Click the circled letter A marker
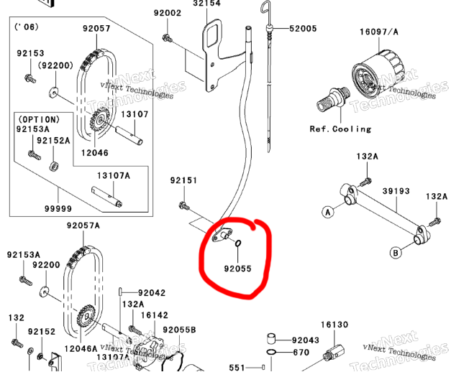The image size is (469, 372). click(x=327, y=212)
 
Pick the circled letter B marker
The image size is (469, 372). click(x=395, y=252)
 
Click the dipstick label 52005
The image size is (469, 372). click(x=303, y=29)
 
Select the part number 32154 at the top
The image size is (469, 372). click(x=206, y=4)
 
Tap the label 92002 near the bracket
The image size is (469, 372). click(x=168, y=13)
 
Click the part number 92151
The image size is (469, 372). click(x=183, y=180)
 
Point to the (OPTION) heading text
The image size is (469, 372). click(x=40, y=118)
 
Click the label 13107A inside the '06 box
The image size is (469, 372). click(x=114, y=175)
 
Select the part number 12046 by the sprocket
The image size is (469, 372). click(x=95, y=153)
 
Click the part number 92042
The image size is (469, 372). click(x=152, y=293)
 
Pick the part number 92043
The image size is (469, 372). click(x=306, y=340)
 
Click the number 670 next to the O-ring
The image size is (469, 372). click(x=301, y=353)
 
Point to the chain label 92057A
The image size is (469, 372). click(x=83, y=225)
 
